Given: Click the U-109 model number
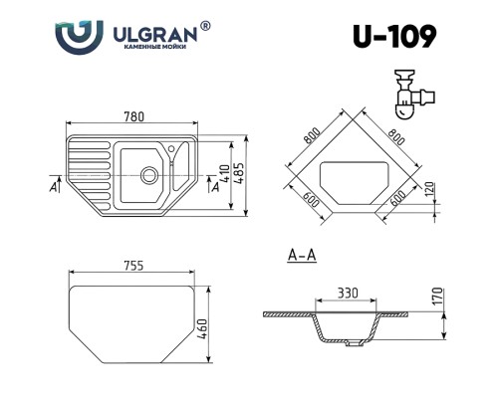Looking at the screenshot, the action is (x=394, y=37).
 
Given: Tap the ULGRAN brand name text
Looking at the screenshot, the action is (x=155, y=34).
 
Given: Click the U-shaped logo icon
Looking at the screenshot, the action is (x=79, y=37).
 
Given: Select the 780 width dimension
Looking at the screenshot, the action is (x=134, y=116).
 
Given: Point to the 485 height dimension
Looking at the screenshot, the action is (x=240, y=172).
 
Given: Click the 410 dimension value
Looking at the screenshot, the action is (x=225, y=174).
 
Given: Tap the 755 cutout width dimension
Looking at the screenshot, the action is (x=133, y=266).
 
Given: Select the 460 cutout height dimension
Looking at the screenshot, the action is (x=202, y=329).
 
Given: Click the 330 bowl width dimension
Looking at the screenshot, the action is (x=348, y=293).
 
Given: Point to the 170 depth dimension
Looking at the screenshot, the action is (x=438, y=297).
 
